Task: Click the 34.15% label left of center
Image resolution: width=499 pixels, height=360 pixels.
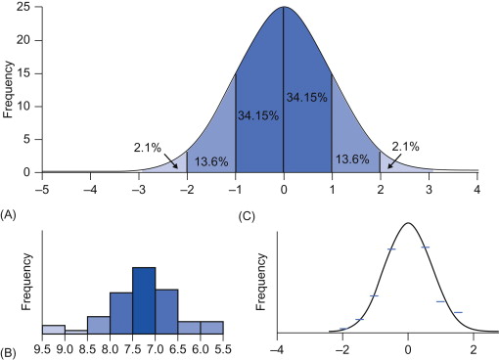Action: (x=258, y=115)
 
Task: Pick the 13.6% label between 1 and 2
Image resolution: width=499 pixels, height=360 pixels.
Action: (x=355, y=158)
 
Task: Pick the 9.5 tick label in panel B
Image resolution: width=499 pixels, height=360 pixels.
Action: (x=42, y=347)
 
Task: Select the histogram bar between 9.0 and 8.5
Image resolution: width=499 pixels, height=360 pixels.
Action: (x=75, y=332)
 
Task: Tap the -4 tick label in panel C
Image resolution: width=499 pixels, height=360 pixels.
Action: (x=278, y=347)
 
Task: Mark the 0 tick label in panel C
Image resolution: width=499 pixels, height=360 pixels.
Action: (x=408, y=347)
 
